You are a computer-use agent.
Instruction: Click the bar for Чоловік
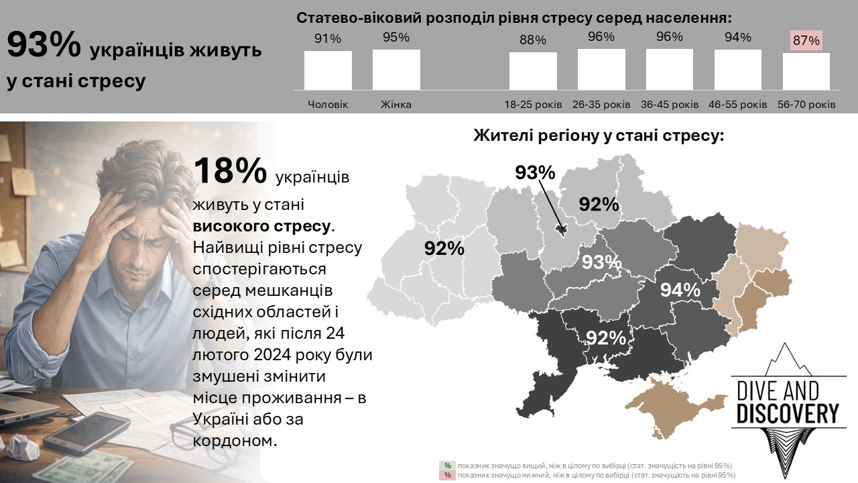pos(328,70)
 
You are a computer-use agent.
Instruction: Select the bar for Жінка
pos(396,69)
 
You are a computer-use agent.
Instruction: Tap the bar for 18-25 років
pos(533,70)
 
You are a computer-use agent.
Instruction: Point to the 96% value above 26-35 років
pos(601,37)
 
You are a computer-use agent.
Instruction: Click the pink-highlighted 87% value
pos(806,40)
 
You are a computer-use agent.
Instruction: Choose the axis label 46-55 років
pos(737,105)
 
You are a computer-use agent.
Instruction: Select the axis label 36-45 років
pos(669,105)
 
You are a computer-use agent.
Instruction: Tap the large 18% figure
pos(230,171)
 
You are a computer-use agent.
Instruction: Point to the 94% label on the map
pos(680,290)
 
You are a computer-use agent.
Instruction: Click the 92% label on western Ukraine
pos(444,248)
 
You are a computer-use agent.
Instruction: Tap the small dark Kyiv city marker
pos(562,229)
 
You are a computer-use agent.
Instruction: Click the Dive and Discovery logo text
pos(788,402)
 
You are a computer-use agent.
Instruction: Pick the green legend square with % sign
pos(447,466)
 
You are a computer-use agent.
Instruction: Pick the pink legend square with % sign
pos(447,475)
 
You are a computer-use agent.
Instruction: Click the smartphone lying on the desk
pos(87,431)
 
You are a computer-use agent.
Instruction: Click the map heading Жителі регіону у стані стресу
pos(599,136)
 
